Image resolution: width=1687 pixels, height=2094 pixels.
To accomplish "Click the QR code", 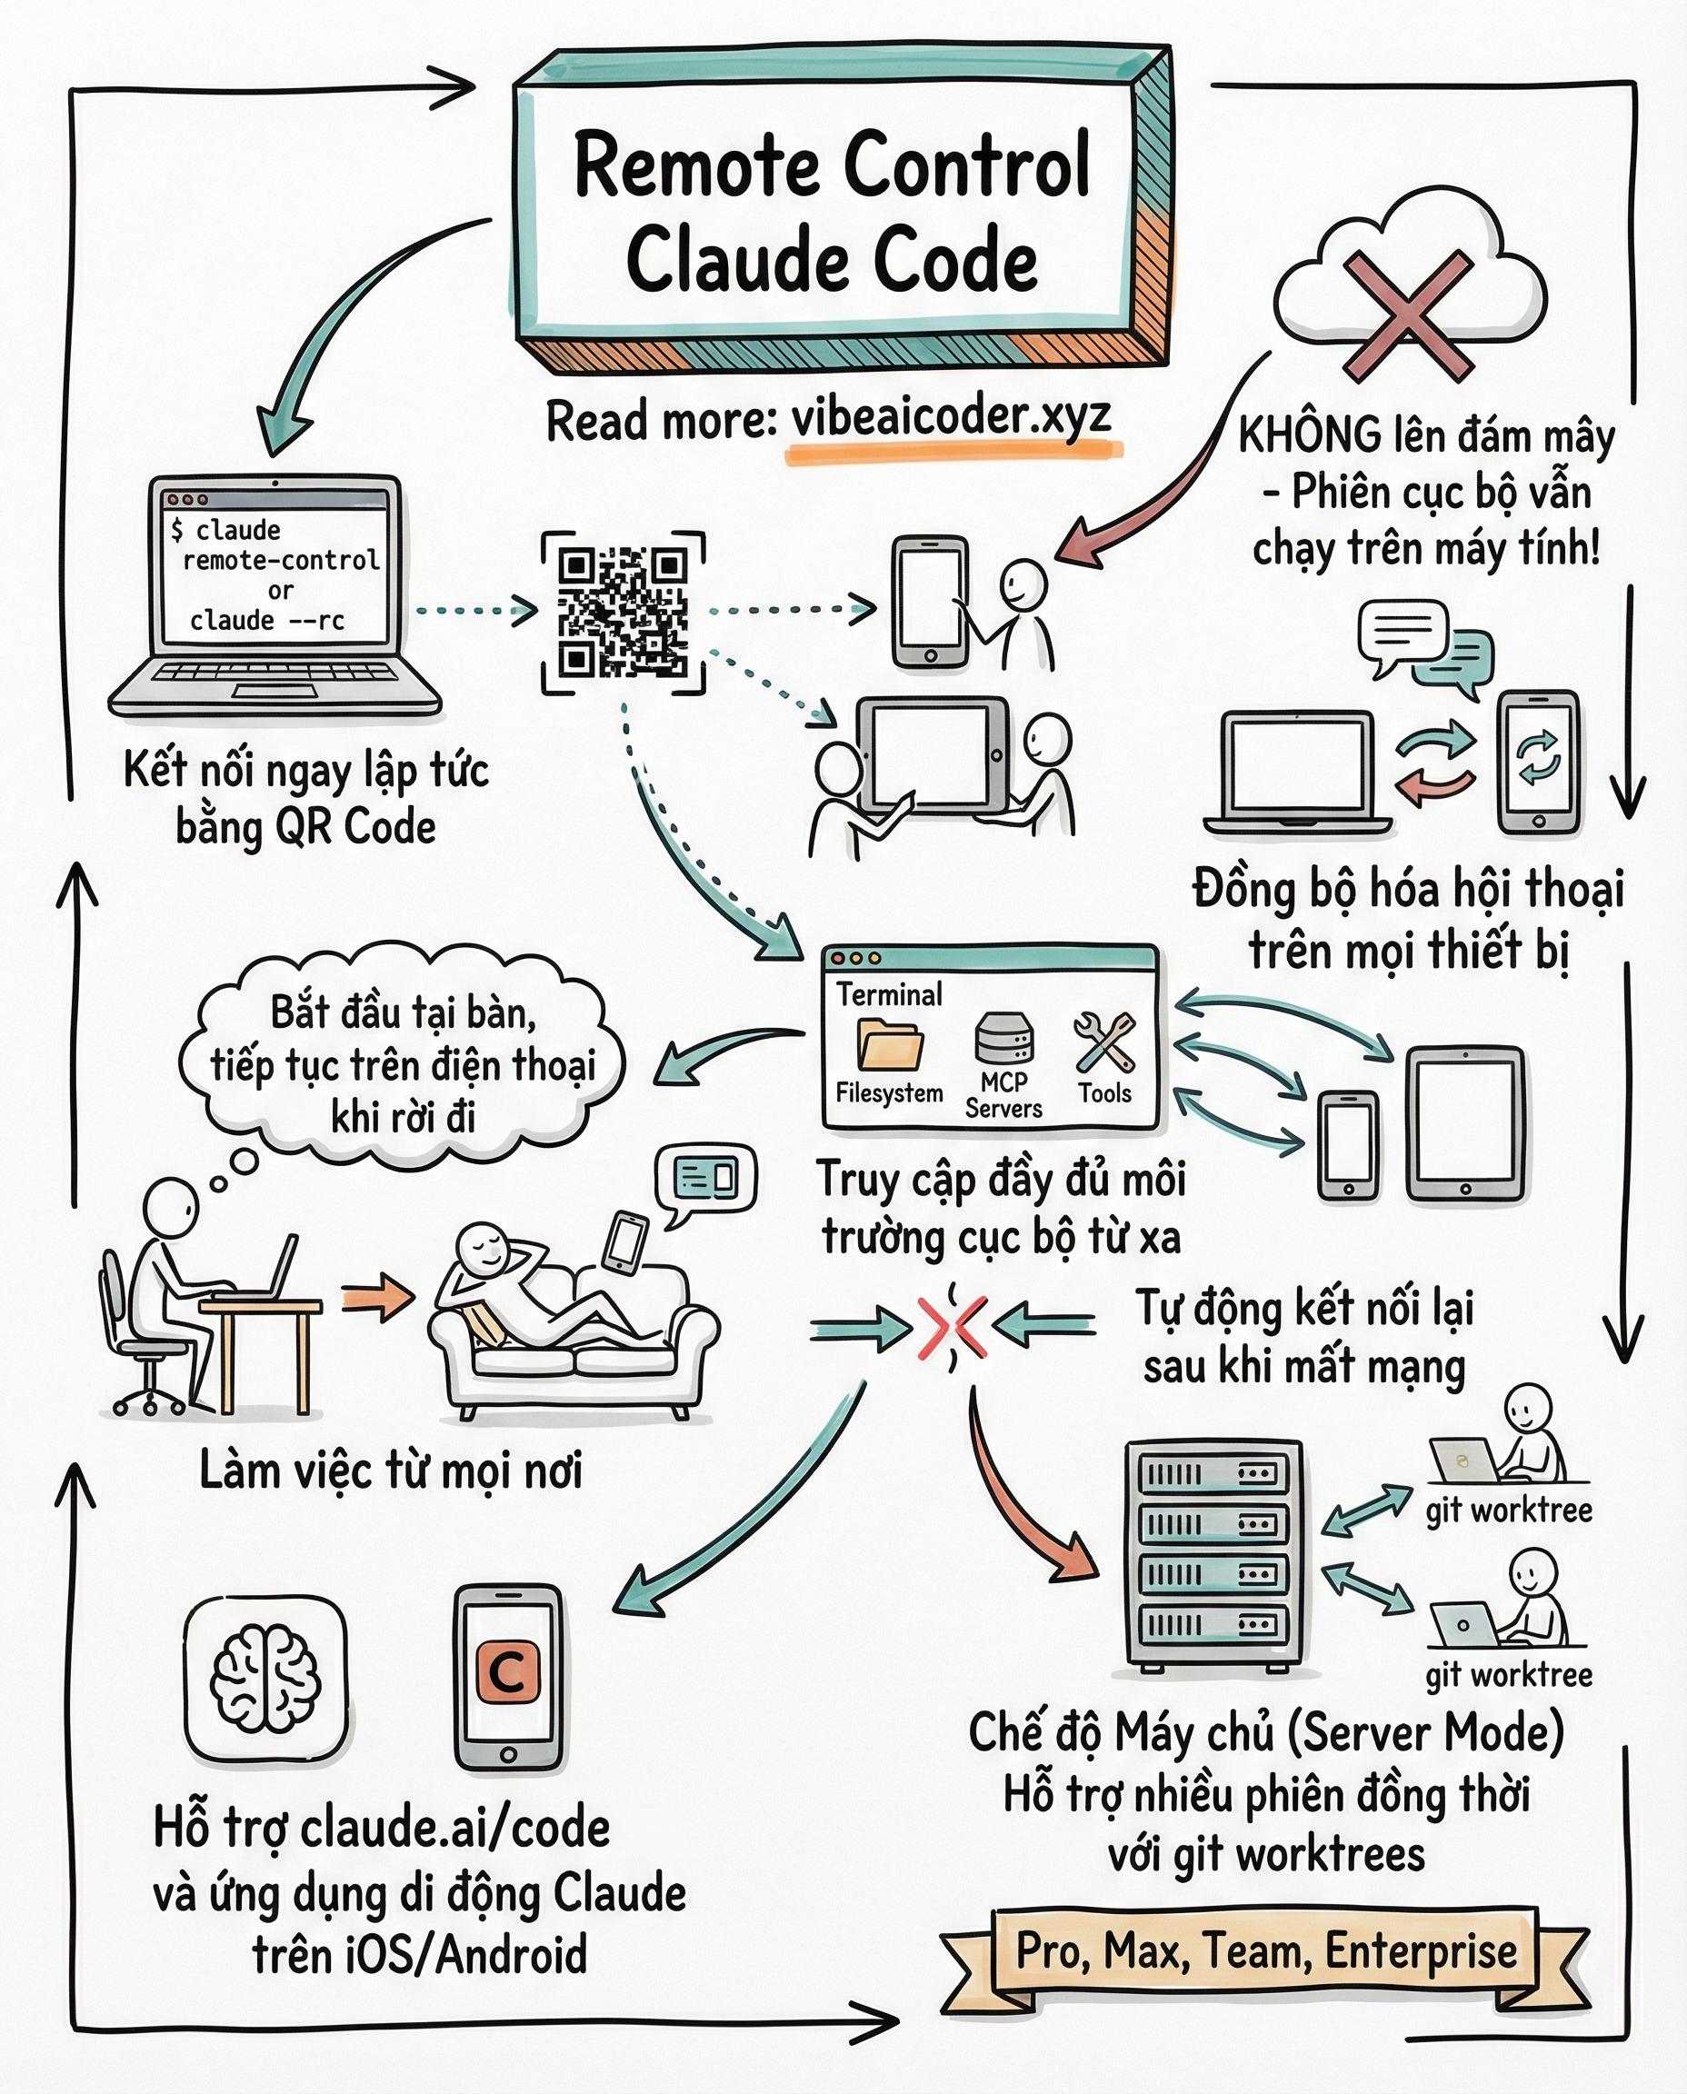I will pos(623,613).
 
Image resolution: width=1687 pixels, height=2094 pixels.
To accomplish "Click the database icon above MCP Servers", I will pos(1003,1038).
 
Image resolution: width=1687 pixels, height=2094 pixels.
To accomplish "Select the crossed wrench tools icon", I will pos(1104,1041).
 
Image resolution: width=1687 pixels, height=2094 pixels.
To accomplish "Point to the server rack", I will pos(1212,1556).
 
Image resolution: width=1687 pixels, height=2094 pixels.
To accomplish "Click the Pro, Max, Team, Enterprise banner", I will pos(1265,1950).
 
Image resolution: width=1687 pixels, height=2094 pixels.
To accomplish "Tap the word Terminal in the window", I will pos(889,994).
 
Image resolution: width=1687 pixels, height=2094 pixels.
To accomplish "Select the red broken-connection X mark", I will pos(953,1325).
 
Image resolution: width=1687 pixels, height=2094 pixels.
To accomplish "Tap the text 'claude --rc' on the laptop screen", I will pos(267,620).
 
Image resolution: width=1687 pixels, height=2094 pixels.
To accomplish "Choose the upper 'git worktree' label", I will pos(1508,1511).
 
